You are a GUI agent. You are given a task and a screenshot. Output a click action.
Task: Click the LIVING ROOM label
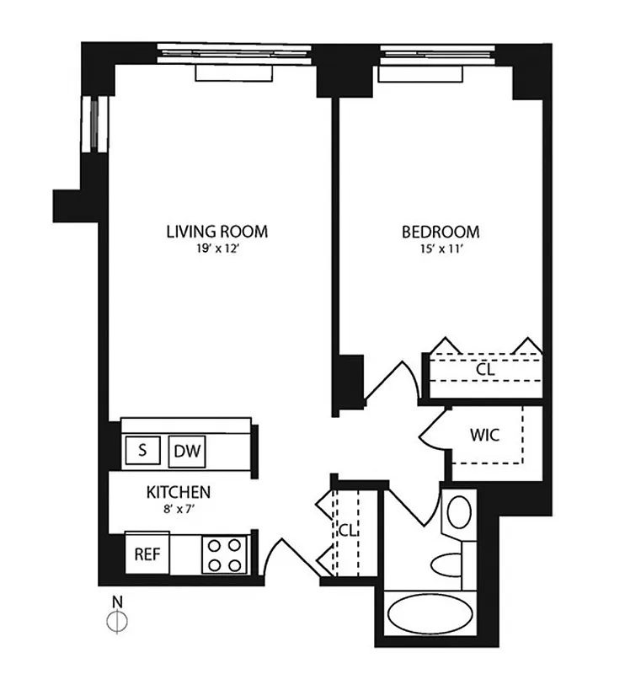pyautogui.click(x=216, y=232)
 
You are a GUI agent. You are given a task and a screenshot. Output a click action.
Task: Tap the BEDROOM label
pyautogui.click(x=440, y=232)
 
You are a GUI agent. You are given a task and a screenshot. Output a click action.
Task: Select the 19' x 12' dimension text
pyautogui.click(x=216, y=249)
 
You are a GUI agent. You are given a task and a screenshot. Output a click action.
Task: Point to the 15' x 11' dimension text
pyautogui.click(x=440, y=249)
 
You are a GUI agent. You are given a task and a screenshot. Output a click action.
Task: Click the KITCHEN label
pyautogui.click(x=179, y=492)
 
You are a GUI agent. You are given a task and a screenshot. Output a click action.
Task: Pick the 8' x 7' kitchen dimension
pyautogui.click(x=179, y=508)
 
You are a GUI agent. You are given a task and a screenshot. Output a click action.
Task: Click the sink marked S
pyautogui.click(x=142, y=451)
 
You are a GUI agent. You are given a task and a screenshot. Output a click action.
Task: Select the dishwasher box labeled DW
pyautogui.click(x=187, y=452)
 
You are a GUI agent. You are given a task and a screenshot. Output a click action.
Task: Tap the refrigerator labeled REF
pyautogui.click(x=147, y=554)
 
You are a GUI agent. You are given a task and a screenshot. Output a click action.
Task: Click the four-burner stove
pyautogui.click(x=223, y=554)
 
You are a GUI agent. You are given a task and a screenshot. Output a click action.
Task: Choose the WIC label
pyautogui.click(x=485, y=435)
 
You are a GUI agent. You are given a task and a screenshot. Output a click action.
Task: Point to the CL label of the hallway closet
pyautogui.click(x=346, y=531)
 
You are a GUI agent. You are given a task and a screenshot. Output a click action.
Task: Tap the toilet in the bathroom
pyautogui.click(x=446, y=562)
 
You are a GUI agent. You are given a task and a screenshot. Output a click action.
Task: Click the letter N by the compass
pyautogui.click(x=119, y=602)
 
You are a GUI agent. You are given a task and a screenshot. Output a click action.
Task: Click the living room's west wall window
pyautogui.click(x=95, y=124)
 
